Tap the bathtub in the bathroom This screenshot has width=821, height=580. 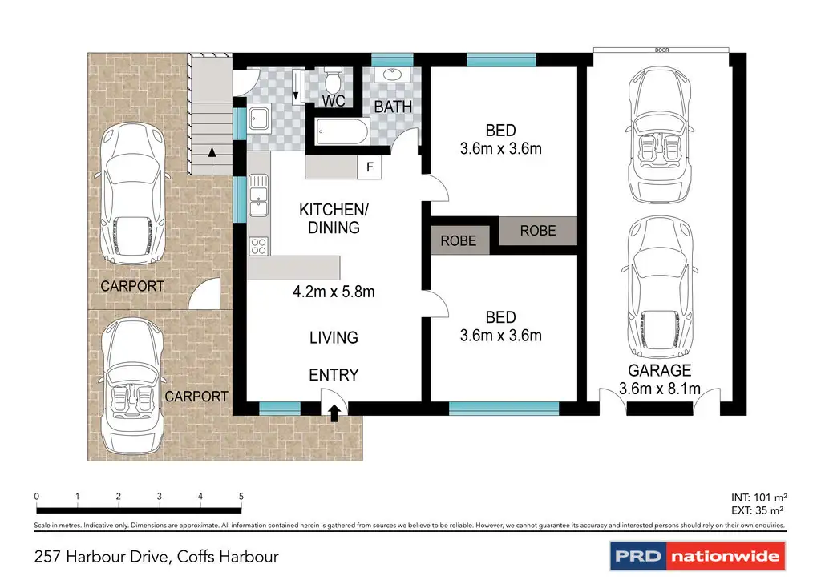[x=342, y=131]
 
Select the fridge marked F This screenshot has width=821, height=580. [x=370, y=167]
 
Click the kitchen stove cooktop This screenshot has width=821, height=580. [x=259, y=246]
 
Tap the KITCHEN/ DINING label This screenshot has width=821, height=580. [x=334, y=219]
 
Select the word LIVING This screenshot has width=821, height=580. [x=334, y=338]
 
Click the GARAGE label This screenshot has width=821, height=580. [x=659, y=370]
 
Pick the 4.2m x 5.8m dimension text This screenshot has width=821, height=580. [x=334, y=292]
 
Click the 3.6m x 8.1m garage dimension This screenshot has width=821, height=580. [x=659, y=389]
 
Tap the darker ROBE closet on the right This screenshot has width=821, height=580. [x=538, y=231]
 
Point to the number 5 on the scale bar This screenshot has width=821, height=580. [x=241, y=497]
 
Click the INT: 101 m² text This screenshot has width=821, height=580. [x=758, y=497]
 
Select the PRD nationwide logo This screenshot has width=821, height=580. [x=698, y=555]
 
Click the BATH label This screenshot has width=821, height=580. [x=393, y=107]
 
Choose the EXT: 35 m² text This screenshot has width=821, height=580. [x=757, y=510]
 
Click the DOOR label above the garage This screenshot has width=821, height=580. [x=661, y=50]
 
